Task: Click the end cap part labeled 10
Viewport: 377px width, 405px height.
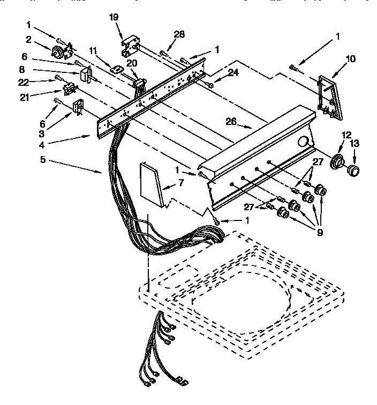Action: [x=327, y=97]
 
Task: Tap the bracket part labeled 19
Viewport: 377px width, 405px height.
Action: [x=132, y=46]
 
